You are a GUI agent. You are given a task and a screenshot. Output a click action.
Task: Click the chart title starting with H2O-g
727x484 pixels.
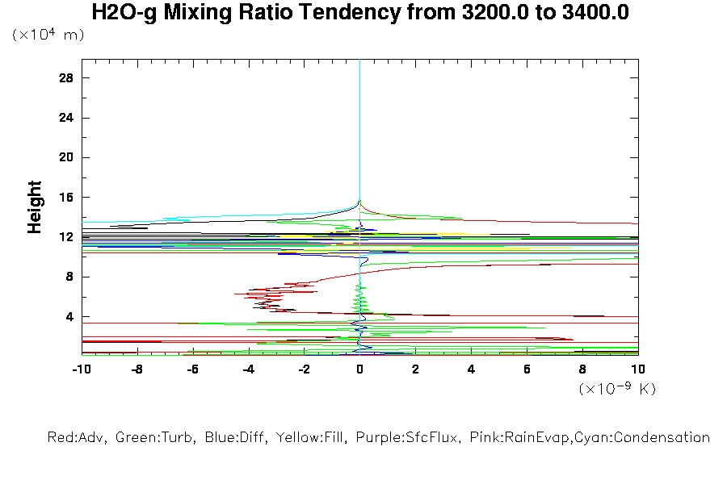click(360, 13)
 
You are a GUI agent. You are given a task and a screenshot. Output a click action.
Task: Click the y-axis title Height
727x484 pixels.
click(35, 207)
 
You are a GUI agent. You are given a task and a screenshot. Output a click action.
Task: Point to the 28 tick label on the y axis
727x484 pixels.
click(66, 78)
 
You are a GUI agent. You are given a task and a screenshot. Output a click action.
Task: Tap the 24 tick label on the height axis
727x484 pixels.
click(66, 118)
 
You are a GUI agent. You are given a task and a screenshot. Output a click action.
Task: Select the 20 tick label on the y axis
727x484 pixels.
click(66, 157)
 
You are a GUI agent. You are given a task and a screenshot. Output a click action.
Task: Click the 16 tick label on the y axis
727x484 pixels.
click(66, 198)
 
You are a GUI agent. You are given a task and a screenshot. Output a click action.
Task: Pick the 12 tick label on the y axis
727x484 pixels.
click(66, 237)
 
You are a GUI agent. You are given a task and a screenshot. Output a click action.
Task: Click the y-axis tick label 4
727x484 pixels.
click(69, 316)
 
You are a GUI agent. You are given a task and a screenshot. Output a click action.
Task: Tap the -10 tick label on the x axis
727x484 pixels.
click(81, 369)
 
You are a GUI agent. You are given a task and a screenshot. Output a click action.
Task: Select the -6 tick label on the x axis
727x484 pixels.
click(192, 369)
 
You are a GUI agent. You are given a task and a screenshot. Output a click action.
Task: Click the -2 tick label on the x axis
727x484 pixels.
click(304, 369)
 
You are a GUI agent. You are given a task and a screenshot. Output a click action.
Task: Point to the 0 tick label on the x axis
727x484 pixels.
click(360, 369)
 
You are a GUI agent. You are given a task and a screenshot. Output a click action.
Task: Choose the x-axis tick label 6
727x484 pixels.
click(527, 369)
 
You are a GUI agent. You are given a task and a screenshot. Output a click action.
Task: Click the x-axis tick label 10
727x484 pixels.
click(638, 369)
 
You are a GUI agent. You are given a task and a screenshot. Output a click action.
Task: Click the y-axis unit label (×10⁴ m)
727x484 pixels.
click(48, 35)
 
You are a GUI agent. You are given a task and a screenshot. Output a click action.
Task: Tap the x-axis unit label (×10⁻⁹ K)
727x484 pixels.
click(617, 389)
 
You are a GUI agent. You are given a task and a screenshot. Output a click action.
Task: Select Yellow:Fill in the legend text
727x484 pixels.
click(305, 438)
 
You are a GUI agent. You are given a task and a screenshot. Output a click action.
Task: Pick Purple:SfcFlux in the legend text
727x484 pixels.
click(397, 438)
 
